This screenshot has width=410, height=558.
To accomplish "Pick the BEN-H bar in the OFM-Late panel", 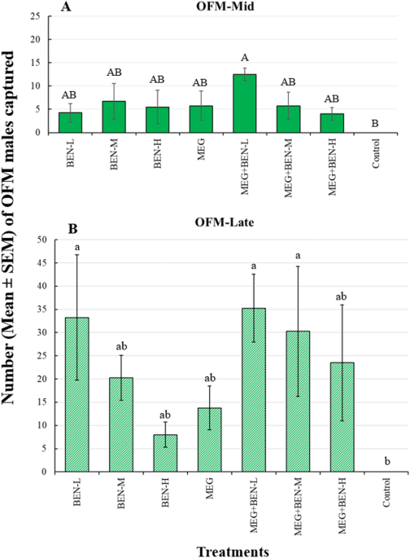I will coord(165,453).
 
